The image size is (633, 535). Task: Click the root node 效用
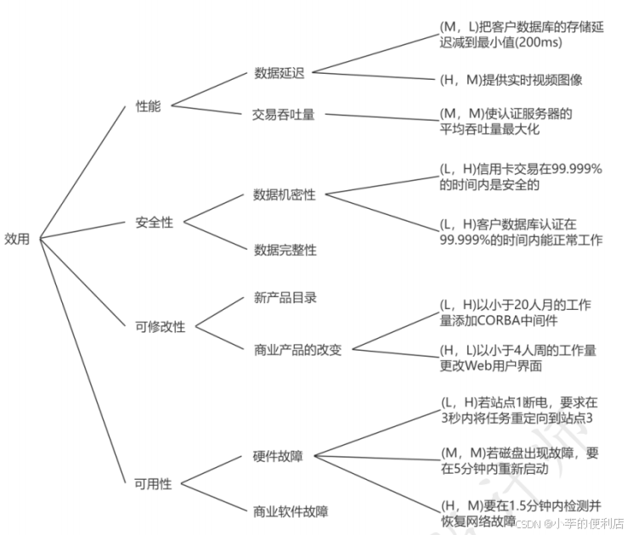(x=18, y=239)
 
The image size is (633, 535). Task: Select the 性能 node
(x=148, y=106)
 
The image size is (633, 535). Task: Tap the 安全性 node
(x=154, y=222)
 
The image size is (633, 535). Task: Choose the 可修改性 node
(x=160, y=326)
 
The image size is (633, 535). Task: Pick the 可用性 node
(x=153, y=484)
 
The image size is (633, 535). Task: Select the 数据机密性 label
(x=284, y=194)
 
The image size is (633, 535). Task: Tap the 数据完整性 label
(x=285, y=251)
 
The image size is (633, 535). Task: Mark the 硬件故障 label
(x=278, y=456)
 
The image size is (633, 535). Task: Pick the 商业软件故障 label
(x=290, y=511)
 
